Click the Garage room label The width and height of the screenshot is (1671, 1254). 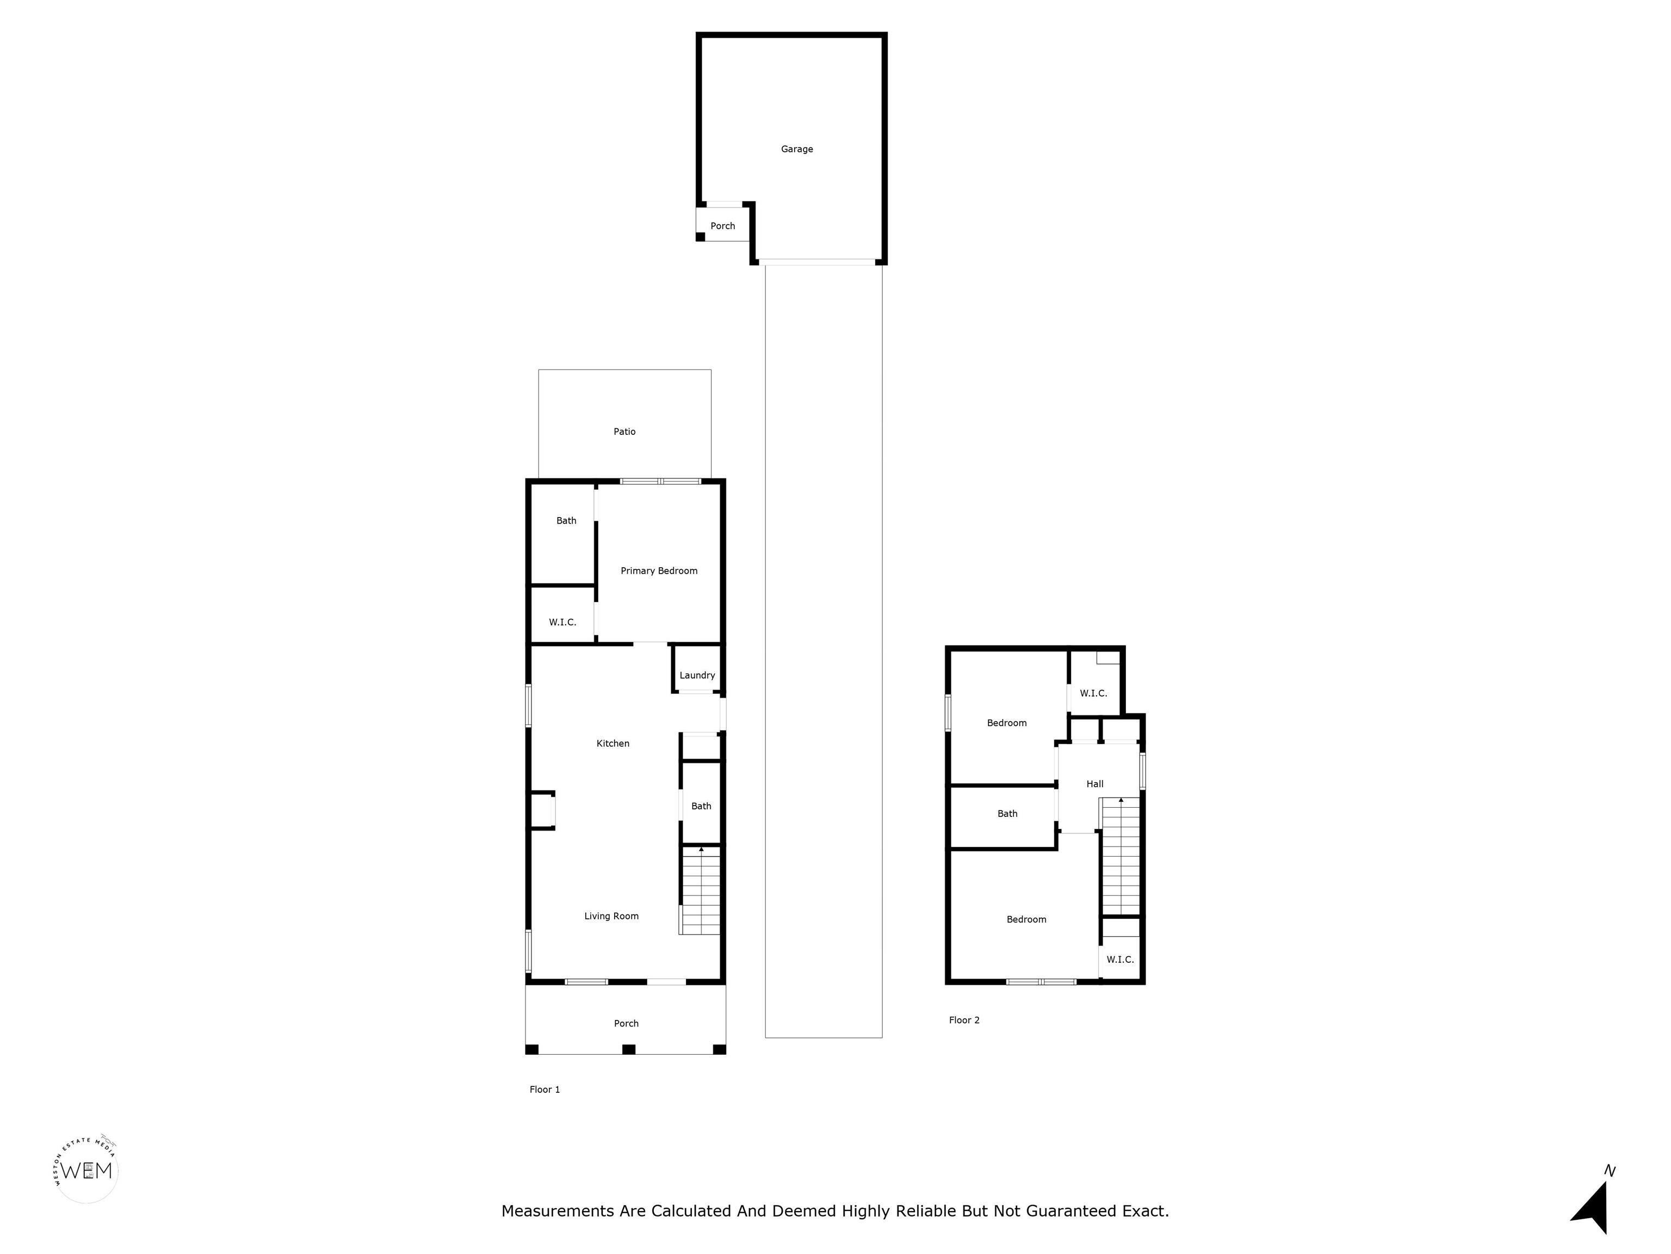click(797, 150)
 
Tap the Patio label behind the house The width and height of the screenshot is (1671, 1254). click(625, 432)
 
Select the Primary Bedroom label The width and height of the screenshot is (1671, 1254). click(659, 571)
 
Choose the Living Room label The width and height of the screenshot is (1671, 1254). click(611, 916)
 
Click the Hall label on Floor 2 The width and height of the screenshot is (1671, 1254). click(1094, 784)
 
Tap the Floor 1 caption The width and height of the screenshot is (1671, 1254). click(544, 1089)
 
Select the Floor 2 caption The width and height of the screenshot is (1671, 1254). click(964, 1019)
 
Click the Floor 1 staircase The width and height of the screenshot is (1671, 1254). click(700, 890)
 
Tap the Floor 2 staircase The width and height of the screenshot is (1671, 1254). click(1121, 856)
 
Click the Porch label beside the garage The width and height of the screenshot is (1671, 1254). click(723, 226)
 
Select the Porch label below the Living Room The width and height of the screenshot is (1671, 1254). click(626, 1023)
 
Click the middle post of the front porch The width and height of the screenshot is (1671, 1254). click(628, 1049)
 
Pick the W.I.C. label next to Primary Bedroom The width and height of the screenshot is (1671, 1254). click(563, 622)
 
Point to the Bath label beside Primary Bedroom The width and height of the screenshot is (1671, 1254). click(567, 521)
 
